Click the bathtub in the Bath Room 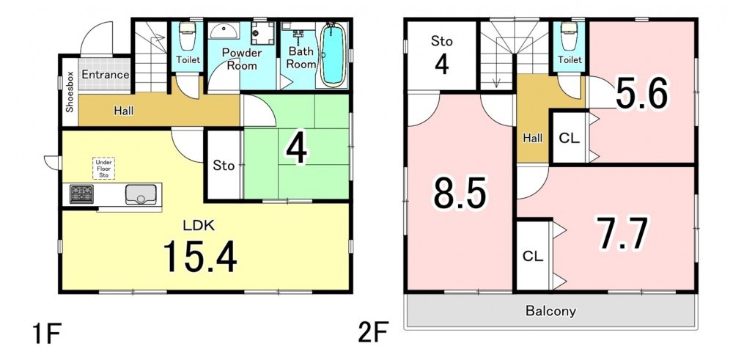(334, 54)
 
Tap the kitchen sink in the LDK (141, 194)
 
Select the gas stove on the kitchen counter (81, 194)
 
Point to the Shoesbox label (70, 92)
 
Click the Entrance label (106, 75)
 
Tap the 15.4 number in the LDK (199, 257)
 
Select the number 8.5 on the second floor (460, 193)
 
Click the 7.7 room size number (624, 233)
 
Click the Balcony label (550, 311)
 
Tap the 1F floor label (46, 334)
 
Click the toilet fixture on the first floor (188, 35)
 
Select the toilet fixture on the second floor (570, 36)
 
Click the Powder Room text (242, 59)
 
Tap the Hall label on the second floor (532, 138)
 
